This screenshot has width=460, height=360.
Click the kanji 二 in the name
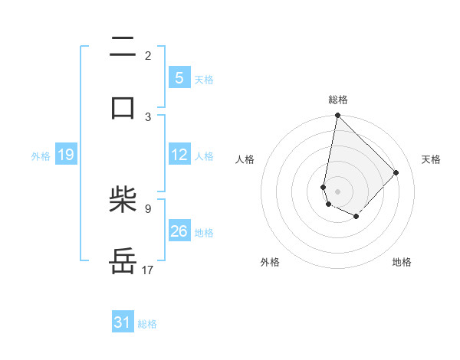point(123,47)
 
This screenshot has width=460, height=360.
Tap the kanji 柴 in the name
point(123,201)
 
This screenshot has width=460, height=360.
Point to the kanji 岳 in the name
point(123,260)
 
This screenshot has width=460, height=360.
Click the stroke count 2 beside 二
point(148,56)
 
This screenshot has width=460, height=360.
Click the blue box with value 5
point(179,78)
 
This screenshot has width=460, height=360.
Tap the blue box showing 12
point(179,155)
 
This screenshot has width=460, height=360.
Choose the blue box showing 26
point(179,231)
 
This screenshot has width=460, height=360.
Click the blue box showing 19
point(66,155)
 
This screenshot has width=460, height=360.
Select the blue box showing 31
point(123,323)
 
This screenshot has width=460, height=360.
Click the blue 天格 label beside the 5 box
point(204,80)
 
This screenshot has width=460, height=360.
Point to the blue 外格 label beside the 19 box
point(41,156)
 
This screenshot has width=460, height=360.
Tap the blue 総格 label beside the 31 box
point(147,324)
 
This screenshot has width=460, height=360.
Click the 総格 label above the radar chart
point(338,100)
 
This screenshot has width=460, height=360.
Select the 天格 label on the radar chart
point(431,159)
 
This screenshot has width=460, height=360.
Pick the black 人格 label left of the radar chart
point(245,159)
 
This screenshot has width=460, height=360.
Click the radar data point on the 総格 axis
point(337,116)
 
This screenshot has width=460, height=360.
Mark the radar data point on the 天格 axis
point(396,172)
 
